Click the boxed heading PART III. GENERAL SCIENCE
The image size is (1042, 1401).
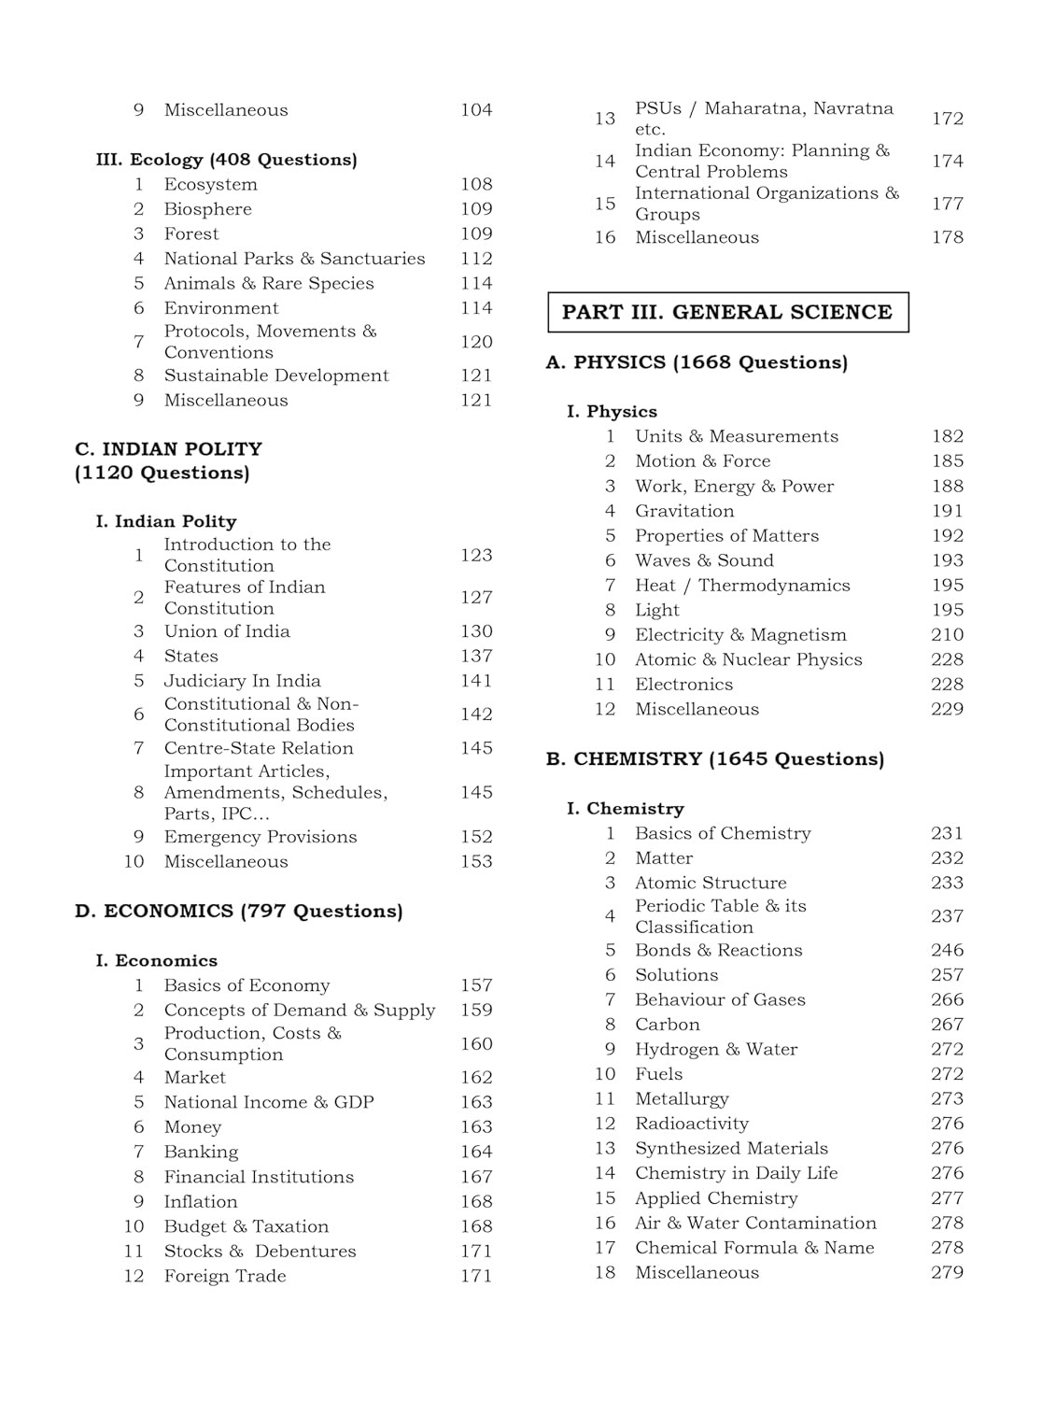click(x=726, y=312)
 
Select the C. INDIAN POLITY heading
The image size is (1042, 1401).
click(x=168, y=449)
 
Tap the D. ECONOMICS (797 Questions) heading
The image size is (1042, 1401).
click(x=239, y=911)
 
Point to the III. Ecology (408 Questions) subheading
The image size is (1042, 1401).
click(x=226, y=160)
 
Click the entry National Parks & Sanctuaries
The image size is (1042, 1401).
click(x=294, y=259)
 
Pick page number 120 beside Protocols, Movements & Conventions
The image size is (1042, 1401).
click(x=475, y=342)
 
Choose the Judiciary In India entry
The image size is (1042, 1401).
click(x=242, y=681)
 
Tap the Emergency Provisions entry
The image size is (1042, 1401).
click(x=260, y=837)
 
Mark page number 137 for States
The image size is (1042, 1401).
click(x=475, y=657)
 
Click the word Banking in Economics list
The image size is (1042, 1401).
click(x=201, y=1152)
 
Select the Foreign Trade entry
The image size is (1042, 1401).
click(x=225, y=1276)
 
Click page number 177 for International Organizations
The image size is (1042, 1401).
click(x=947, y=204)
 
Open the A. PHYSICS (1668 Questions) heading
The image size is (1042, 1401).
click(x=697, y=362)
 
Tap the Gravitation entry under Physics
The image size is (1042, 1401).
click(x=684, y=511)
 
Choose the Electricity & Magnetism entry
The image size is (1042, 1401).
click(x=740, y=635)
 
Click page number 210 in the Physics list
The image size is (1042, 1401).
click(x=947, y=635)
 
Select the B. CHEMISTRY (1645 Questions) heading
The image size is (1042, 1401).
click(x=714, y=759)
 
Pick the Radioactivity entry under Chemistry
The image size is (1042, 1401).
click(x=691, y=1124)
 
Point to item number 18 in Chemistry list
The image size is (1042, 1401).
click(x=605, y=1273)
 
